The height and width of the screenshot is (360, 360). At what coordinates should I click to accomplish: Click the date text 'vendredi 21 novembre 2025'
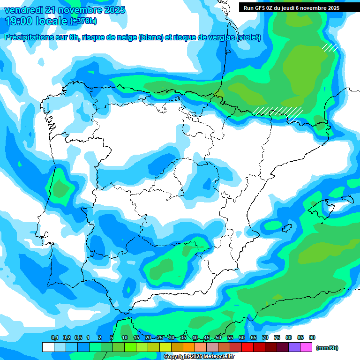[x=65, y=10]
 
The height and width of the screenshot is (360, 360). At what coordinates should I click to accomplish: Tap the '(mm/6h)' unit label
[x=327, y=348]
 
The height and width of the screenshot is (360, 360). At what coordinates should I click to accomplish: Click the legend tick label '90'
[x=312, y=337]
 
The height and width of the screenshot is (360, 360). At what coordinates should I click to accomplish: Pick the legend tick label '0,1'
[x=54, y=337]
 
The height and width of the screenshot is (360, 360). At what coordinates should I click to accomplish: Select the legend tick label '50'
[x=218, y=337]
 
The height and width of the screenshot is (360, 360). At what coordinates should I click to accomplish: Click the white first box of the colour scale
[x=48, y=347]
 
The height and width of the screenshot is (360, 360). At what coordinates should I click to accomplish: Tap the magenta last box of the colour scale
[x=306, y=347]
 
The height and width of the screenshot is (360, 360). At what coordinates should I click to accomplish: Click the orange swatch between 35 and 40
[x=189, y=347]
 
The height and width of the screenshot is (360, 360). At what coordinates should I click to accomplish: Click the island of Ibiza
[x=286, y=228]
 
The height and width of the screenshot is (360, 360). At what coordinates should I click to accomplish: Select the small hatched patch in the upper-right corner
[x=330, y=47]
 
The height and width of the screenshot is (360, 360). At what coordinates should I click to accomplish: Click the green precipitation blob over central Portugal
[x=60, y=189]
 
